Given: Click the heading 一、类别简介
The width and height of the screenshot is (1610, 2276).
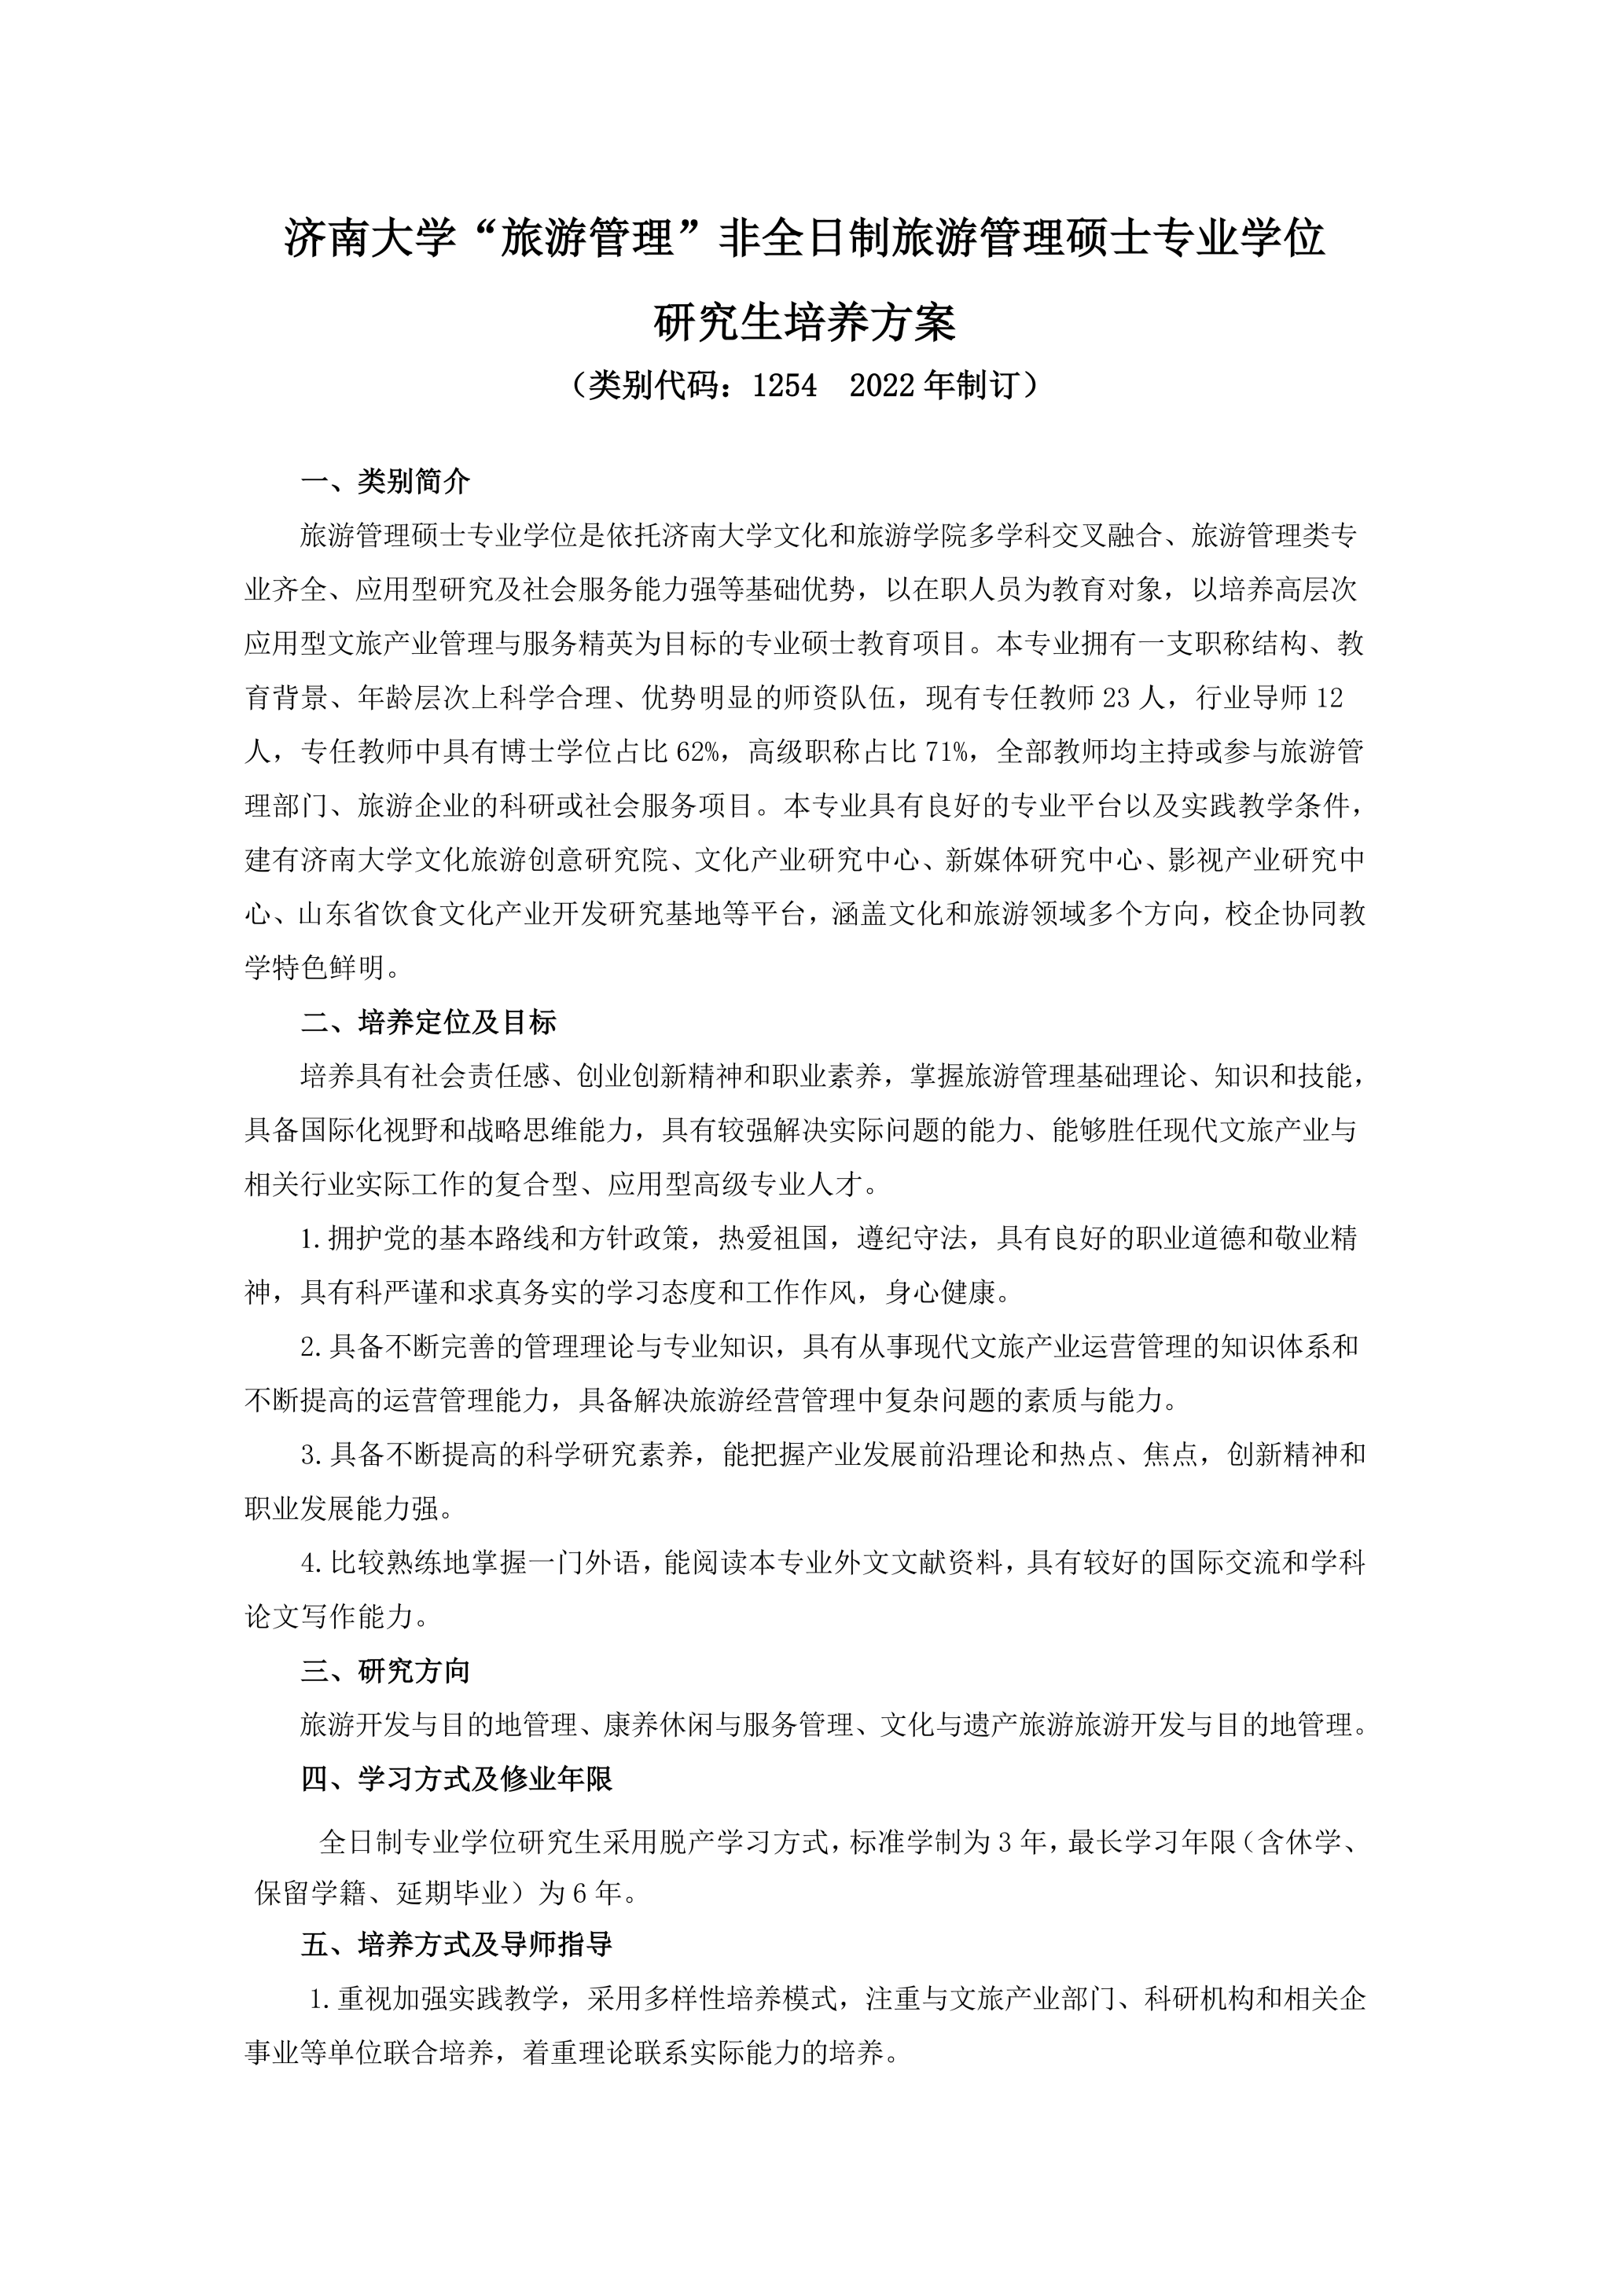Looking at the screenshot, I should [x=386, y=482].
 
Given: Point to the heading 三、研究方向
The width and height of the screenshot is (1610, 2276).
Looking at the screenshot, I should [x=386, y=1672].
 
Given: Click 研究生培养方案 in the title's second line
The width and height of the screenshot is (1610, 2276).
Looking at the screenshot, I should [x=805, y=322].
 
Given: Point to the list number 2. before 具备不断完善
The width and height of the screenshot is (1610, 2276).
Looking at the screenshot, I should [x=312, y=1347].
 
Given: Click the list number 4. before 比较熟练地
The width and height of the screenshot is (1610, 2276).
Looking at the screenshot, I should [x=312, y=1564].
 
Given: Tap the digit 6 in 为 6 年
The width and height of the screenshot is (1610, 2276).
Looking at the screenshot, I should [x=580, y=1893].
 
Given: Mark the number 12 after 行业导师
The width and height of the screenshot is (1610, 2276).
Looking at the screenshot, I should [x=1329, y=699].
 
